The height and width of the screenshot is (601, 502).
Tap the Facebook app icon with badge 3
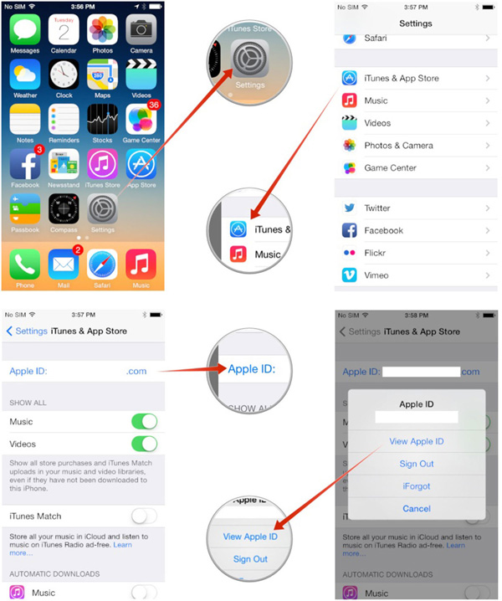pyautogui.click(x=25, y=163)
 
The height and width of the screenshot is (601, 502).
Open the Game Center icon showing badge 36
pyautogui.click(x=141, y=118)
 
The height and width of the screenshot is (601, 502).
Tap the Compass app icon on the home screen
pyautogui.click(x=64, y=208)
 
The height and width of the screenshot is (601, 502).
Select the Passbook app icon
pyautogui.click(x=25, y=208)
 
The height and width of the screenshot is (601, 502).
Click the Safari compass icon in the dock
pyautogui.click(x=102, y=264)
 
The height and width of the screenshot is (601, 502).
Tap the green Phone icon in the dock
pyautogui.click(x=25, y=264)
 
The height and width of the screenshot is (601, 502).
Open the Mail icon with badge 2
pyautogui.click(x=64, y=264)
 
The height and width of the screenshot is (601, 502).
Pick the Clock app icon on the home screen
pyautogui.click(x=64, y=74)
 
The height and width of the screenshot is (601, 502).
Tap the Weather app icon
pyautogui.click(x=25, y=74)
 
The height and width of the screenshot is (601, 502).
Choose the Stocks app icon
pyautogui.click(x=102, y=118)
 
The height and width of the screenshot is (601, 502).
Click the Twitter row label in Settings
pyautogui.click(x=377, y=208)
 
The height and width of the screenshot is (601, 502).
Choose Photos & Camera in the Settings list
pyautogui.click(x=398, y=146)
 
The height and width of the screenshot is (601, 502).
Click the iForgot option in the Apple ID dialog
pyautogui.click(x=416, y=485)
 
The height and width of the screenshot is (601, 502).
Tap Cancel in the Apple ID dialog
pyautogui.click(x=416, y=508)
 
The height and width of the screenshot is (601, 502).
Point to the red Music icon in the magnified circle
pyautogui.click(x=238, y=254)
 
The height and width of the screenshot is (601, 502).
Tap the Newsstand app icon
pyautogui.click(x=64, y=163)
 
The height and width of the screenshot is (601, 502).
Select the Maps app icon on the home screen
pyautogui.click(x=102, y=74)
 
